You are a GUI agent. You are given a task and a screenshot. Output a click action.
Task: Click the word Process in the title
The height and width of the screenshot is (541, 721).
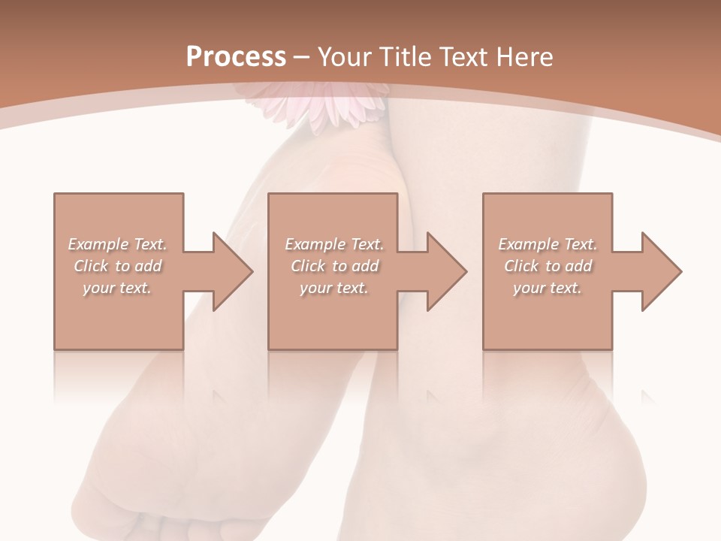point(236,57)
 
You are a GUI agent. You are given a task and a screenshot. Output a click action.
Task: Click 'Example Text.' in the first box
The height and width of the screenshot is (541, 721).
point(117,244)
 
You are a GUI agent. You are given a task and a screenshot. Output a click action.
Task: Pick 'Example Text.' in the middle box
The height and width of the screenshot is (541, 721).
point(334,244)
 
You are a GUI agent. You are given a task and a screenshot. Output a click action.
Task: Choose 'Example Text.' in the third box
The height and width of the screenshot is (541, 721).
point(548,244)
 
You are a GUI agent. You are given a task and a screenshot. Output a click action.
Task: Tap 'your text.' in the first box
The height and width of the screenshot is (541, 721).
point(117,288)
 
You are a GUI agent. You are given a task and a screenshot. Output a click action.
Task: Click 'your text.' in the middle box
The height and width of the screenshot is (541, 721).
point(334,288)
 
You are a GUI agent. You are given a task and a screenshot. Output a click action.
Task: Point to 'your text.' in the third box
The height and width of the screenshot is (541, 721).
point(548,288)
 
